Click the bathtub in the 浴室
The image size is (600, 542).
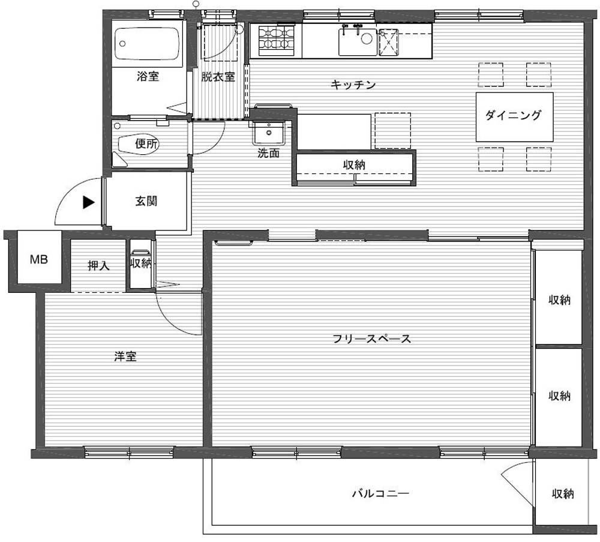coord(148,44)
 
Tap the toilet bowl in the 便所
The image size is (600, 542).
coord(138,145)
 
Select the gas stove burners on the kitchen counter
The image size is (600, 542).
coord(276,40)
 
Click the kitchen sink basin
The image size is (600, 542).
coord(358,41)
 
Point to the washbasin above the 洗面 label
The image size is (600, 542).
coord(269,133)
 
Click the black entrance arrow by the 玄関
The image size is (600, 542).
coord(89,202)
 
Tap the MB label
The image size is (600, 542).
coord(39,260)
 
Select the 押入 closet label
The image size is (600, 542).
coord(99,266)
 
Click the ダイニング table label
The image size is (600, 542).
coord(514,115)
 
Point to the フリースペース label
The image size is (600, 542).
coord(371,339)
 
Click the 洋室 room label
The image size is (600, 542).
coord(125,357)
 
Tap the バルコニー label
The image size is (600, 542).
coord(380,493)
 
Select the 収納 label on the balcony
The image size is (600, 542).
coord(563,494)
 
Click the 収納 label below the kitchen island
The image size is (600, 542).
coord(354,165)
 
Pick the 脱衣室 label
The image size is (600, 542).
coord(218,77)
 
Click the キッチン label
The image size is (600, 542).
coord(353,85)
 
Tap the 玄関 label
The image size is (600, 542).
coord(146,201)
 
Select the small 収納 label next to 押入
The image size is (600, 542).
coord(141,263)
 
